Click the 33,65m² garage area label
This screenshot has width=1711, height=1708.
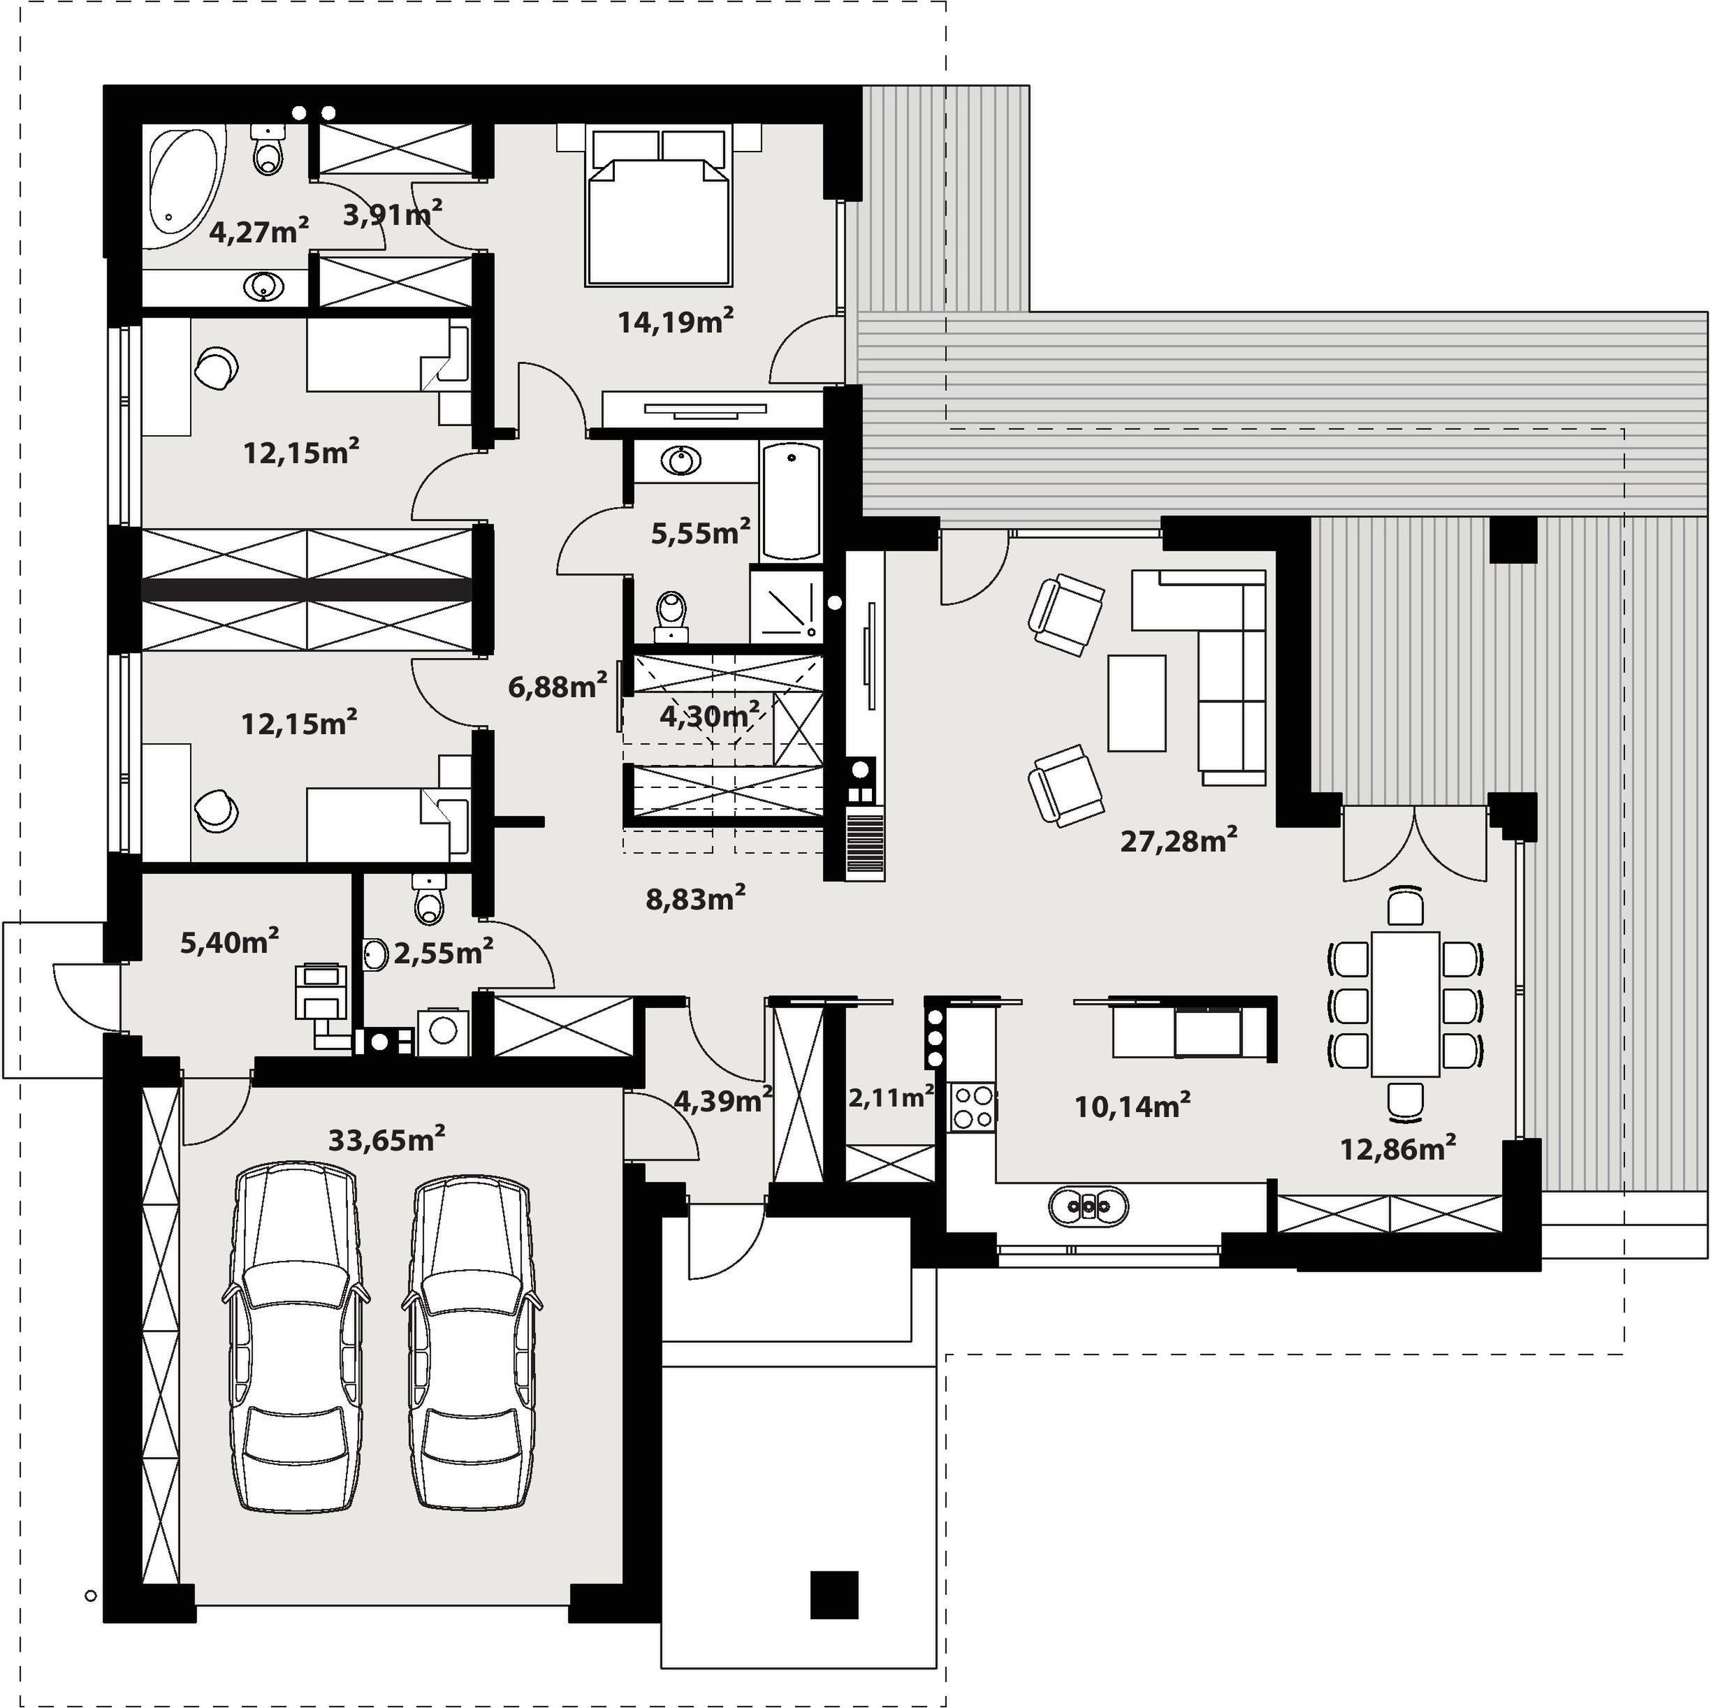click(x=386, y=1138)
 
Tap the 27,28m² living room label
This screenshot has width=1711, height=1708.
click(x=1179, y=840)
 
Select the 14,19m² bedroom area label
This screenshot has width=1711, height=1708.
click(x=676, y=321)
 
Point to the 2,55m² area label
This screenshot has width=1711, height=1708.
click(x=443, y=952)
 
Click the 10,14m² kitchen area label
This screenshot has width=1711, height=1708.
click(x=1132, y=1104)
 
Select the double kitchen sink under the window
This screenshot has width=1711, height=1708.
click(x=1089, y=1205)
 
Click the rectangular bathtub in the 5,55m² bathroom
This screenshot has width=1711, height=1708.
click(x=792, y=502)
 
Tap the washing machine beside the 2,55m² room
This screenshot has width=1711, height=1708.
click(x=441, y=1030)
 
